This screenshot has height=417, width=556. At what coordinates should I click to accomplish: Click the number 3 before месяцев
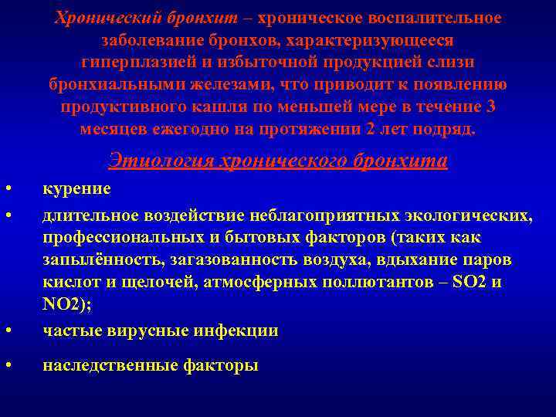coord(491,106)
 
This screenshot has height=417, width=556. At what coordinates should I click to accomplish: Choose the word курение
coord(76,188)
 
